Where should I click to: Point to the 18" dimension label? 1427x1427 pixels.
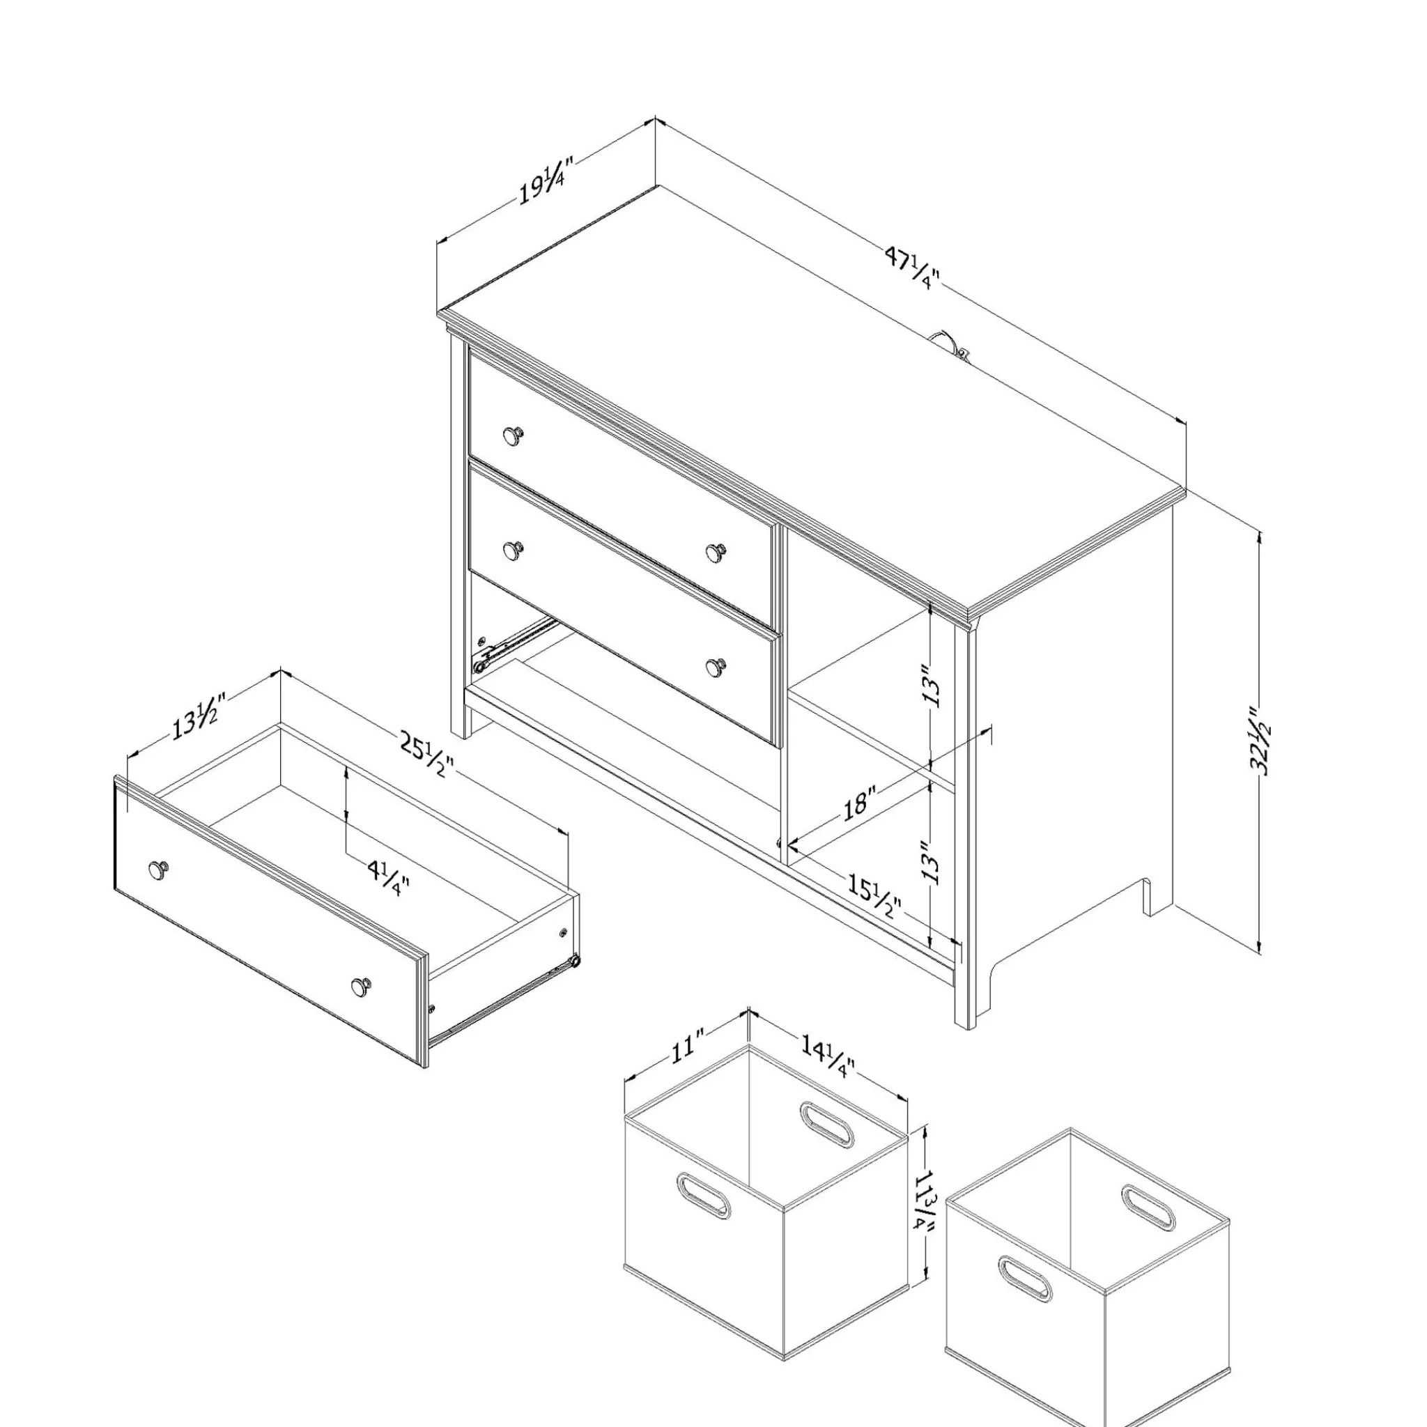[x=860, y=802]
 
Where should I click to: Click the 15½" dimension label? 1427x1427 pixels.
[x=874, y=896]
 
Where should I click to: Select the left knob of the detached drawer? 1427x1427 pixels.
[x=158, y=870]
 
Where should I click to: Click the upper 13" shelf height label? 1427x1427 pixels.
[x=934, y=686]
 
